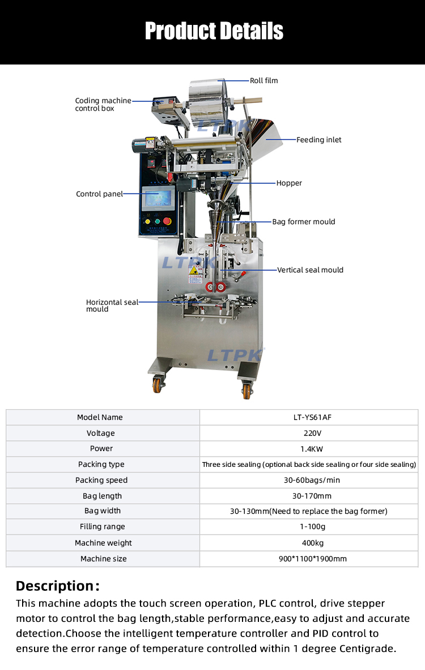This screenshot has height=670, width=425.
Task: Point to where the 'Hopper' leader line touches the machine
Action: click(232, 183)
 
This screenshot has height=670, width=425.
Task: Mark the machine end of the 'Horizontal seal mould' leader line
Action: click(201, 302)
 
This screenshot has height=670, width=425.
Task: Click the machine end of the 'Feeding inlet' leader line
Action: click(266, 139)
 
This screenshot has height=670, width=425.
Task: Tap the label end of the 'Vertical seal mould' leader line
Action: click(277, 270)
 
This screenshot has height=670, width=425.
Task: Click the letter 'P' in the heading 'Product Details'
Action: click(151, 31)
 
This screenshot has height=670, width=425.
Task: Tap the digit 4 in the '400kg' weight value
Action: click(304, 543)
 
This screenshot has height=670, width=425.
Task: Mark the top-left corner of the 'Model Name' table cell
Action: click(6, 410)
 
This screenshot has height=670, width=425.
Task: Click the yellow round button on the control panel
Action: click(148, 222)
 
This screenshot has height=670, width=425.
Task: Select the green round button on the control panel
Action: click(157, 221)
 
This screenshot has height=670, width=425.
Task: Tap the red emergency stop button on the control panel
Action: click(167, 221)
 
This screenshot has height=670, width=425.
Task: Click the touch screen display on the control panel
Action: click(158, 199)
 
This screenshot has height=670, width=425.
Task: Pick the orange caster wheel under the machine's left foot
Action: click(158, 385)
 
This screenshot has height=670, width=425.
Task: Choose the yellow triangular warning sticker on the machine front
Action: click(193, 270)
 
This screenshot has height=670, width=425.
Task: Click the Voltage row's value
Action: click(312, 433)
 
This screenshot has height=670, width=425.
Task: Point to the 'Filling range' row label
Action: click(103, 527)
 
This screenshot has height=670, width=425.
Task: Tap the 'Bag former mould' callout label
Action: click(304, 222)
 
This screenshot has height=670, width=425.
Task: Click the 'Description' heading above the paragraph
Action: click(58, 586)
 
